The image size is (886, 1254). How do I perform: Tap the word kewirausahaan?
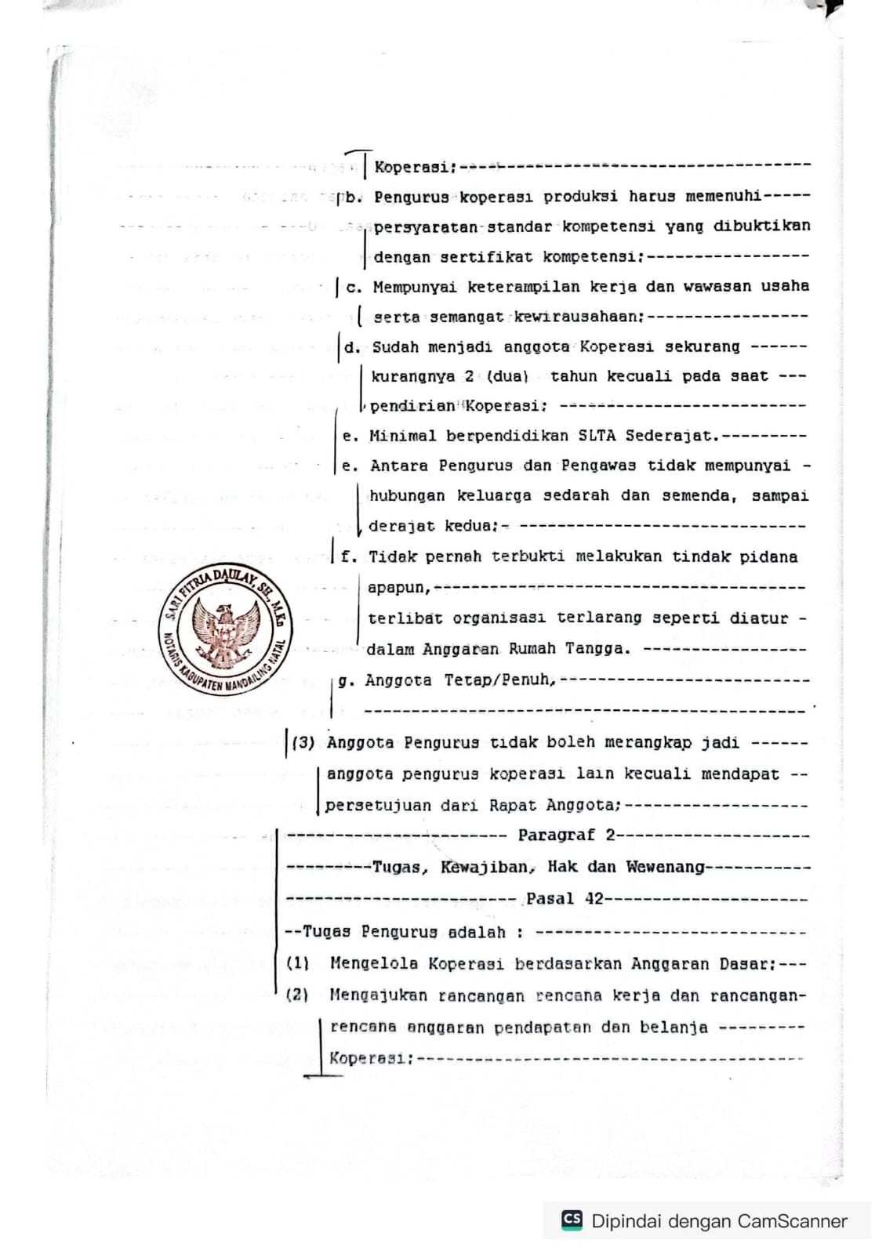coord(579,317)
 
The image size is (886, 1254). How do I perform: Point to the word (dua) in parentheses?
coord(508,376)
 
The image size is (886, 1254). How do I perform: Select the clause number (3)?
coord(303,742)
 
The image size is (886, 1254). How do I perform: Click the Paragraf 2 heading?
coord(566,835)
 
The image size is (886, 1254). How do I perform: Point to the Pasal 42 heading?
coord(565,899)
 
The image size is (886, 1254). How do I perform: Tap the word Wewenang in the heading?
coord(665,868)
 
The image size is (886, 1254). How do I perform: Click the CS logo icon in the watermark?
coord(572,1220)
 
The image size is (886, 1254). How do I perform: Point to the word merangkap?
coord(641,742)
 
